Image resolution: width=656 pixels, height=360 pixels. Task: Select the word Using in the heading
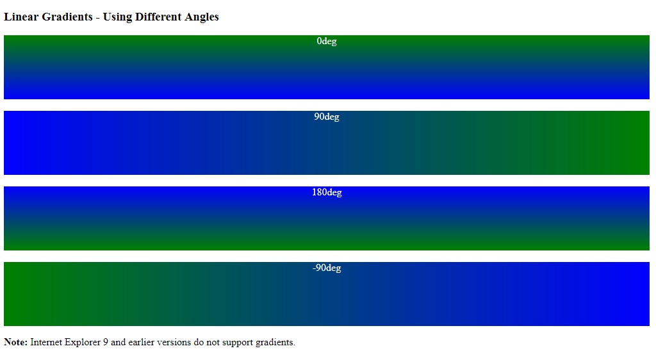(117, 17)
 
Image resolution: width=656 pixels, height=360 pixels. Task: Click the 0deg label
(327, 42)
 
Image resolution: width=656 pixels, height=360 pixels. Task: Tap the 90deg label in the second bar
(327, 117)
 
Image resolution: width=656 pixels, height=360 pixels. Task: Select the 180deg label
(327, 193)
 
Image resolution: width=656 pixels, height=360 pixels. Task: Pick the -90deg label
(327, 268)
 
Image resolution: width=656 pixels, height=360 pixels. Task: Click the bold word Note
(16, 342)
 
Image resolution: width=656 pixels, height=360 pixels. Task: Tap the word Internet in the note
(46, 342)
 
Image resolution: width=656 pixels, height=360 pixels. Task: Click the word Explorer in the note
(83, 343)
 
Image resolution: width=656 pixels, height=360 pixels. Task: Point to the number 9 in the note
(106, 342)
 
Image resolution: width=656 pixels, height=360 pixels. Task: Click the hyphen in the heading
(98, 18)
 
